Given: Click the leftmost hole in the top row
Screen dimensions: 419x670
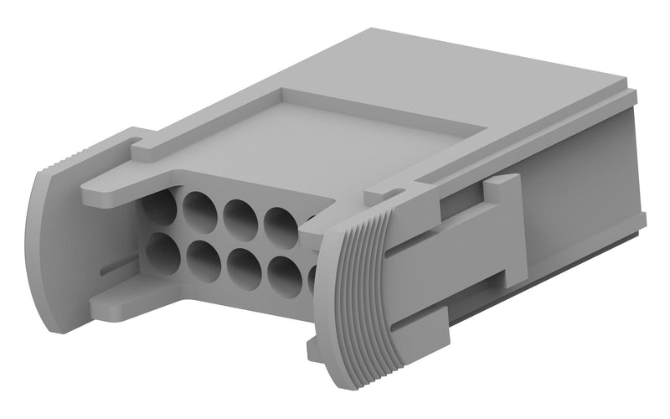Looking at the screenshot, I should pos(158,206).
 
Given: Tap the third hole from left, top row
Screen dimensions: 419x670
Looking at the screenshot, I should pos(240,216).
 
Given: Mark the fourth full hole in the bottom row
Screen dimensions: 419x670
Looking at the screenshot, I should pos(285,274).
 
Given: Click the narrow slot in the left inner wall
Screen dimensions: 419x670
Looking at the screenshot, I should pos(118,266).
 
